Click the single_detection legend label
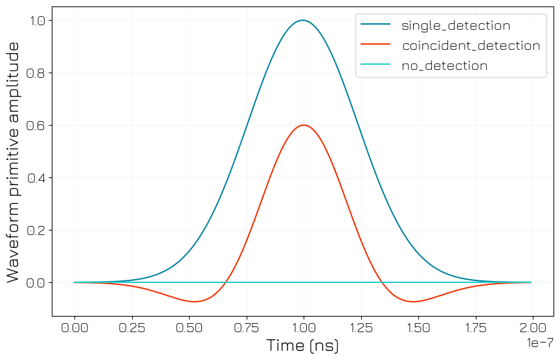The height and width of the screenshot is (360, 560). [456, 26]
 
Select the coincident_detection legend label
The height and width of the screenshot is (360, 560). [471, 46]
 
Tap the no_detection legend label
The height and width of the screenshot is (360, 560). [444, 65]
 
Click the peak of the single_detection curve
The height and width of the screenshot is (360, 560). [302, 20]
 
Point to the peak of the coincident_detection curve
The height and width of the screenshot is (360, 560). [303, 125]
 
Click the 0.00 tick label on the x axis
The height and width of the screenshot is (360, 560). [74, 328]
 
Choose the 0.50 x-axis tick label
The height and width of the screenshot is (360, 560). [189, 328]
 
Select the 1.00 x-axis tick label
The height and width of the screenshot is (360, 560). [303, 328]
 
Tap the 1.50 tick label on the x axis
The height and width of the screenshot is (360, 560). [418, 328]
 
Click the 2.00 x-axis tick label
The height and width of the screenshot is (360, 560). [532, 328]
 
